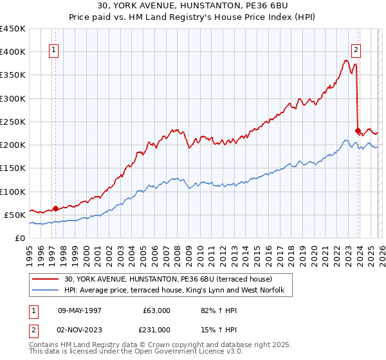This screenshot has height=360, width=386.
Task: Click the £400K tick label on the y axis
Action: [13, 52]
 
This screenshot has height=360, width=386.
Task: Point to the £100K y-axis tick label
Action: [13, 192]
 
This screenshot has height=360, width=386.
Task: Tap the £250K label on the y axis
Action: [13, 122]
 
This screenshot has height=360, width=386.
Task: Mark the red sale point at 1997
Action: [55, 208]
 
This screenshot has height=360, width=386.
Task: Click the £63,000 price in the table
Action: [157, 310]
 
